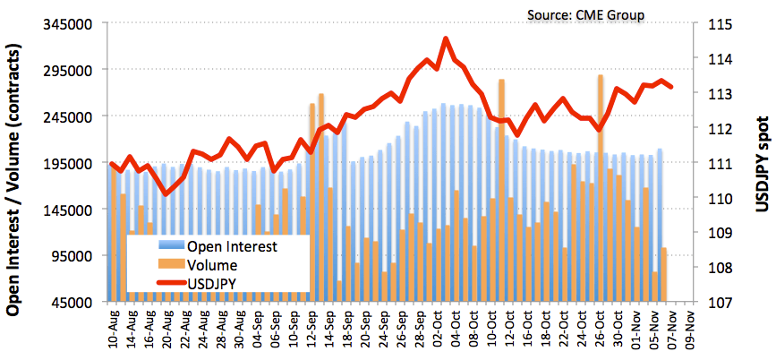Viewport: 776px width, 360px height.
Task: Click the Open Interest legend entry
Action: [x=232, y=246]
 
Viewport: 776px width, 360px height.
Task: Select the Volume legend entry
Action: [x=212, y=265]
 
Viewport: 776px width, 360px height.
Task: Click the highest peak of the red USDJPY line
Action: [x=446, y=39]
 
